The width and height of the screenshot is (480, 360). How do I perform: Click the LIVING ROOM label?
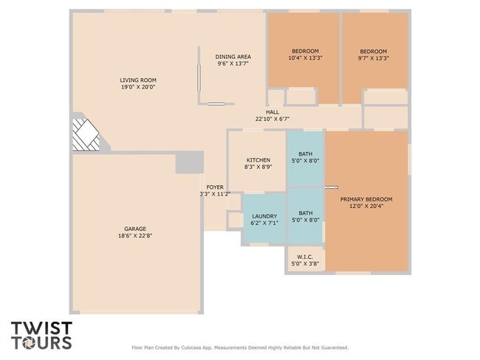point(138,80)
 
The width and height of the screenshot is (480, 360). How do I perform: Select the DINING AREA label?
point(233,57)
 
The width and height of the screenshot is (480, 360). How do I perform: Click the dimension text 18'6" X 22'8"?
point(135,235)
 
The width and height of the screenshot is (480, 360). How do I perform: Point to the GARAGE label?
point(135,229)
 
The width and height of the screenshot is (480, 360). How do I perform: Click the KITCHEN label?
point(258,160)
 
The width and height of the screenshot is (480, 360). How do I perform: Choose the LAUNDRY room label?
point(264,216)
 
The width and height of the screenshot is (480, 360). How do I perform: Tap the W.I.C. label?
point(305,257)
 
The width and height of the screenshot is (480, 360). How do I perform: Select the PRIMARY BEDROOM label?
point(366,199)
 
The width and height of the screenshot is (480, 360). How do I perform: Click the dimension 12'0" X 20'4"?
point(366,207)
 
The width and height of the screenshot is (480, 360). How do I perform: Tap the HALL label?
point(272,112)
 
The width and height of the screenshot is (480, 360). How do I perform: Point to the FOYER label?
point(215,187)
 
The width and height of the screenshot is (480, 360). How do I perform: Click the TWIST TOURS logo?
point(41,335)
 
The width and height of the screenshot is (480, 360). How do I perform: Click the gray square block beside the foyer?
point(189,162)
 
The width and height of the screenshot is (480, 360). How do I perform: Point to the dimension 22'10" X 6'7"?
point(272,119)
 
